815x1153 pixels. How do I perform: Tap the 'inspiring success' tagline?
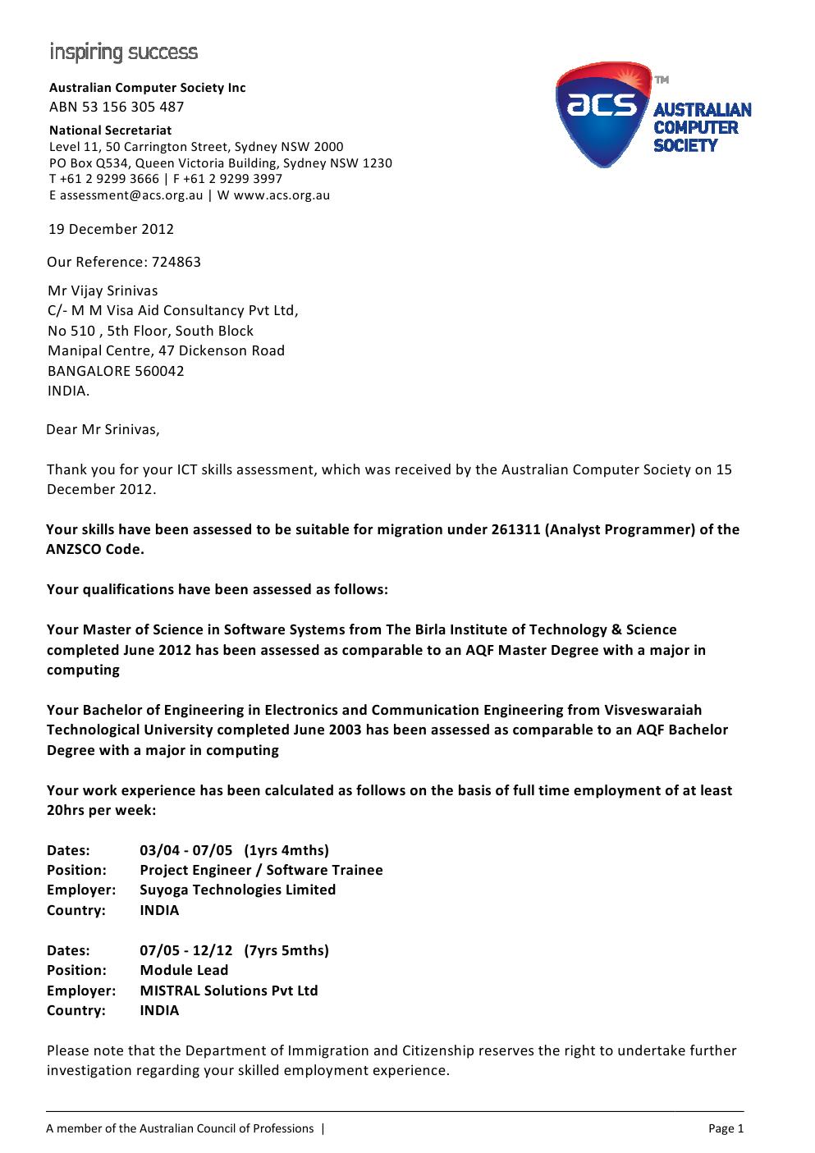coord(123,53)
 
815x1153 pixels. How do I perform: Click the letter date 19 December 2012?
coord(112,229)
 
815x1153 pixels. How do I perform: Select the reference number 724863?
coord(176,262)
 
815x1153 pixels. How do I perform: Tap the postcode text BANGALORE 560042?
coord(116,370)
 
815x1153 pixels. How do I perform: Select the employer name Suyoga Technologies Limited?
coord(238,890)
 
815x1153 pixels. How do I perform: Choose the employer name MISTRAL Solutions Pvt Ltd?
coord(229,991)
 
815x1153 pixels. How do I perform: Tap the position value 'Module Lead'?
coord(185,970)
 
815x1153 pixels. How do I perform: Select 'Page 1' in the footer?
coord(726,1128)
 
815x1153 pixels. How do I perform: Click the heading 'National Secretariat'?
coord(111,130)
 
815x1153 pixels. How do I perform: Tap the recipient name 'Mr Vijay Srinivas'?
coord(103,291)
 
